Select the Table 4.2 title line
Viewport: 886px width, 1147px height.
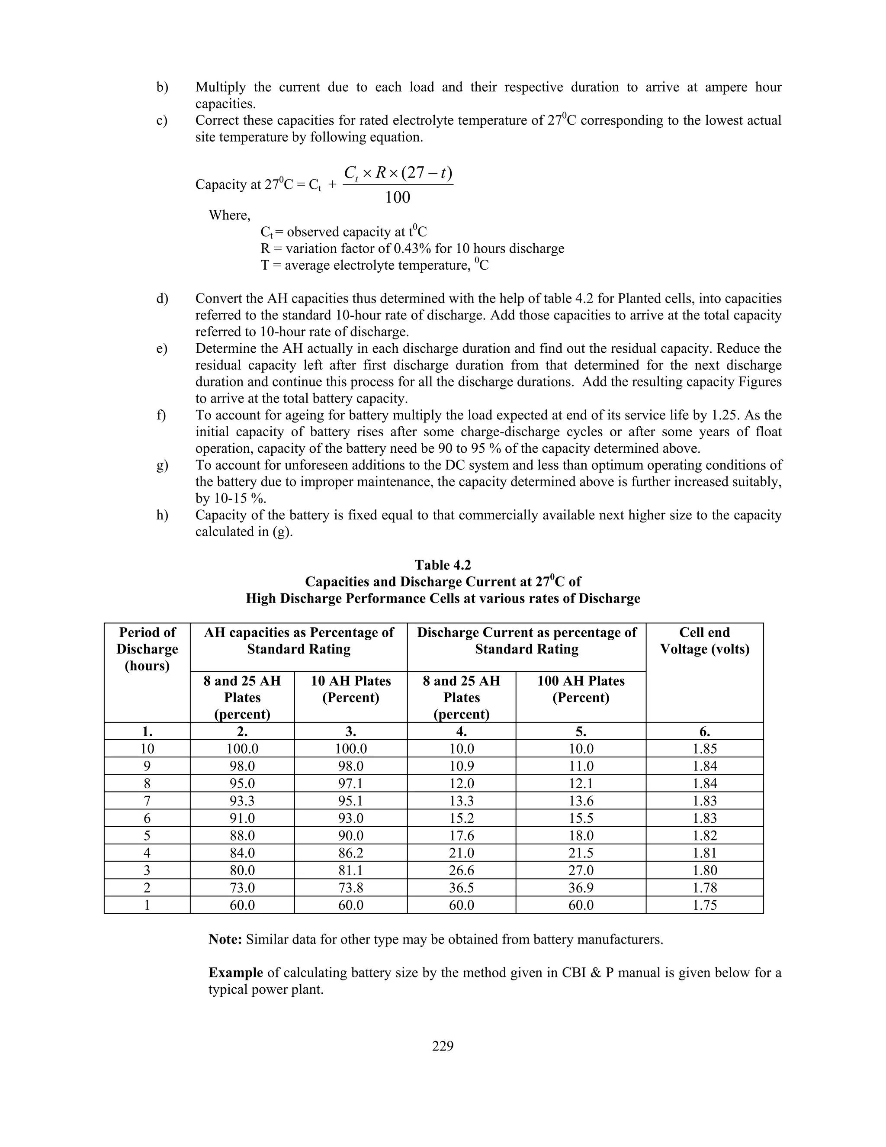click(443, 565)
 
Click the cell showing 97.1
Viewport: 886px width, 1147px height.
click(350, 783)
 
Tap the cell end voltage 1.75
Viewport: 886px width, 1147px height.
click(704, 905)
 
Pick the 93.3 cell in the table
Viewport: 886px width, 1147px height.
click(242, 801)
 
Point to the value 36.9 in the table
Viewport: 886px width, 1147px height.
click(581, 888)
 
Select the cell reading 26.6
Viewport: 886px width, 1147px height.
click(461, 870)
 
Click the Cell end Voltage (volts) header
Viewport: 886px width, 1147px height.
click(704, 641)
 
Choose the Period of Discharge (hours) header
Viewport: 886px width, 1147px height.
click(147, 649)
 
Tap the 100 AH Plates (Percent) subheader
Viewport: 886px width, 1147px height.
click(581, 689)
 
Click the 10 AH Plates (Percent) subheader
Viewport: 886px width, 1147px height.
click(350, 689)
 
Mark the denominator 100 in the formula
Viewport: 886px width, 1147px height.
click(397, 197)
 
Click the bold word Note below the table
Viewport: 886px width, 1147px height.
click(225, 939)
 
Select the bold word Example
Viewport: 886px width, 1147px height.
click(236, 973)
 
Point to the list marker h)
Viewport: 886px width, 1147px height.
click(162, 515)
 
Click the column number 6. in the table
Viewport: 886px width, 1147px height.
click(704, 731)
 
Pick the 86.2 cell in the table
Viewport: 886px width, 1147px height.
click(350, 853)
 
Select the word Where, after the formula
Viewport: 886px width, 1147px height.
click(229, 215)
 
